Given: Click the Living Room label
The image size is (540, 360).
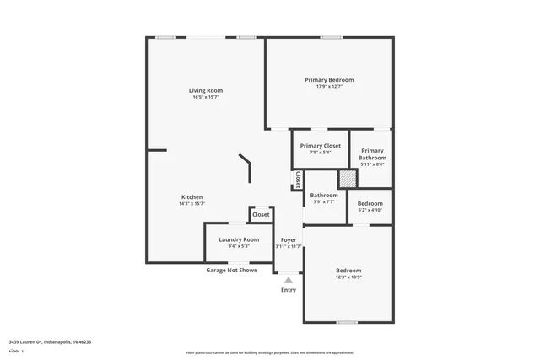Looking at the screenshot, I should click(x=206, y=90).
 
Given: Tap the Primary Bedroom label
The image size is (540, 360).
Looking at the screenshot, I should click(x=329, y=79).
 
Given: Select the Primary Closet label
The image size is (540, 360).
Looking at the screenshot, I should click(x=320, y=146).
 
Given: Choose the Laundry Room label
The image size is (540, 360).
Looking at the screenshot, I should click(x=239, y=239).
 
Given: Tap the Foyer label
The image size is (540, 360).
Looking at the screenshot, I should click(x=289, y=239).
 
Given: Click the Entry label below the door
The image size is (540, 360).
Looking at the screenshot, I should click(x=289, y=290).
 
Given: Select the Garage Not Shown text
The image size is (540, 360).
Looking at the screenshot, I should click(x=232, y=271).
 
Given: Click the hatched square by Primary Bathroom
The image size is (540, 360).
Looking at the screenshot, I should click(x=347, y=180).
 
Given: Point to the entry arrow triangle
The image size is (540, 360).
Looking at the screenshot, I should click(x=289, y=278).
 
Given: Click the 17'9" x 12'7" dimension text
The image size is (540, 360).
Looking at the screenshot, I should click(x=329, y=86).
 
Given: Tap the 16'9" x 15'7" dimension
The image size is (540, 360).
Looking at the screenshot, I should click(x=206, y=97).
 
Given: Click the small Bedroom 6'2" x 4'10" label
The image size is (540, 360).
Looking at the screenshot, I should click(x=370, y=206).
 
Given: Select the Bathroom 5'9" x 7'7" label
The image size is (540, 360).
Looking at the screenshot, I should click(x=324, y=198).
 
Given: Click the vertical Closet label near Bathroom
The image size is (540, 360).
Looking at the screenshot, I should click(x=298, y=180).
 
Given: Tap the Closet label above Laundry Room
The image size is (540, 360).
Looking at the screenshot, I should click(x=261, y=215).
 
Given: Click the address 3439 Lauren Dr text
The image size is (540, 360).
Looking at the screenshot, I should click(x=50, y=342).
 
